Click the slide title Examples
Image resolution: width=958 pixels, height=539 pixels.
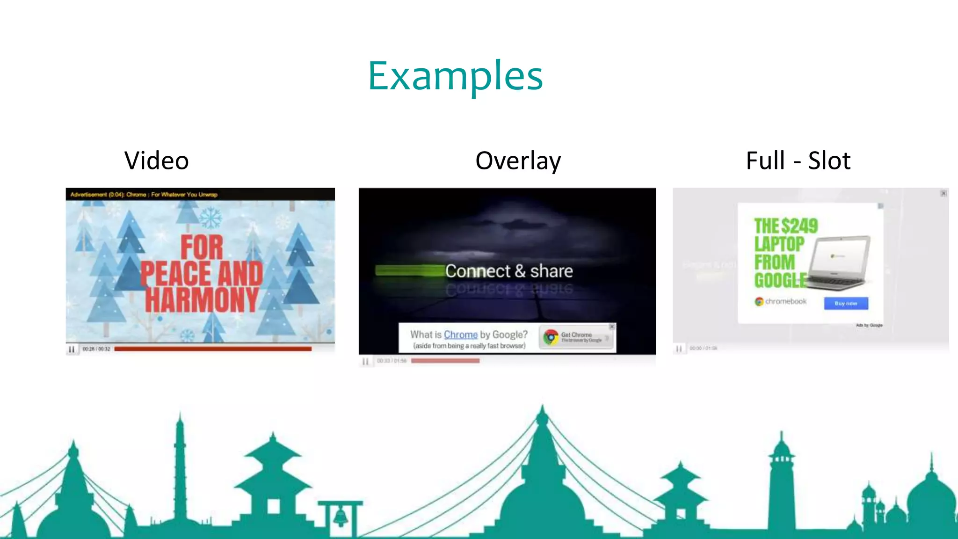[455, 76]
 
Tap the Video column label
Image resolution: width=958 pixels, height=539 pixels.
[157, 161]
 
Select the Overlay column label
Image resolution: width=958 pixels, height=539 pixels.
[518, 161]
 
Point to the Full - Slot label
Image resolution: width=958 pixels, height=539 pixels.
[798, 161]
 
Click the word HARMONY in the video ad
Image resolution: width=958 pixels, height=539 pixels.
[202, 299]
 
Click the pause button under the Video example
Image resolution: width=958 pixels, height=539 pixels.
[72, 349]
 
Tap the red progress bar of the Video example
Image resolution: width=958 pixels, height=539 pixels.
[213, 349]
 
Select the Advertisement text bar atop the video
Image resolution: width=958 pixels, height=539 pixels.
[144, 194]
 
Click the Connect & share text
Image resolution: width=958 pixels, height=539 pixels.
[509, 271]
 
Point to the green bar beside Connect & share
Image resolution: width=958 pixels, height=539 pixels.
[410, 270]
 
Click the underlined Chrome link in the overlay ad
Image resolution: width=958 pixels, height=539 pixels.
[461, 335]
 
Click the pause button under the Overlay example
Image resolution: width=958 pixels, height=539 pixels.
[365, 361]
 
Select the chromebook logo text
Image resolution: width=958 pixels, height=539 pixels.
[785, 301]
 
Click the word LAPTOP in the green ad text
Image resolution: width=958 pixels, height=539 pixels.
[779, 244]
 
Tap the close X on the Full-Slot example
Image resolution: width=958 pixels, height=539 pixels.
[943, 193]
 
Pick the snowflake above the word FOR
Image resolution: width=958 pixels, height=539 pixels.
[210, 218]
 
